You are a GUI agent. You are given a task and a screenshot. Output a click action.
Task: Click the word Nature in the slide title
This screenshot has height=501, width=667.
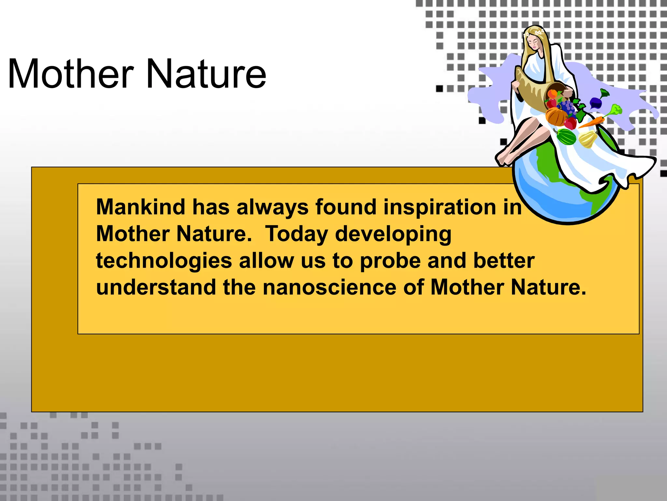coord(206,74)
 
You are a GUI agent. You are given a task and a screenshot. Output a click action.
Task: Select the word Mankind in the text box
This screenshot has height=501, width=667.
coord(140,207)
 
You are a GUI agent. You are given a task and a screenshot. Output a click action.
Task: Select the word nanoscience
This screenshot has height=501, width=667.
coord(329,288)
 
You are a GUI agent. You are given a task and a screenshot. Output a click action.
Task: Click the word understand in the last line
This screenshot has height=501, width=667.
coord(156,288)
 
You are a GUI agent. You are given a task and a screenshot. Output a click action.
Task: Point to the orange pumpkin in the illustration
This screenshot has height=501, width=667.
coord(556,117)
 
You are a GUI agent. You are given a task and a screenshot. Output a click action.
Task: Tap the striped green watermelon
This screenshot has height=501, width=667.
coord(567,137)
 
